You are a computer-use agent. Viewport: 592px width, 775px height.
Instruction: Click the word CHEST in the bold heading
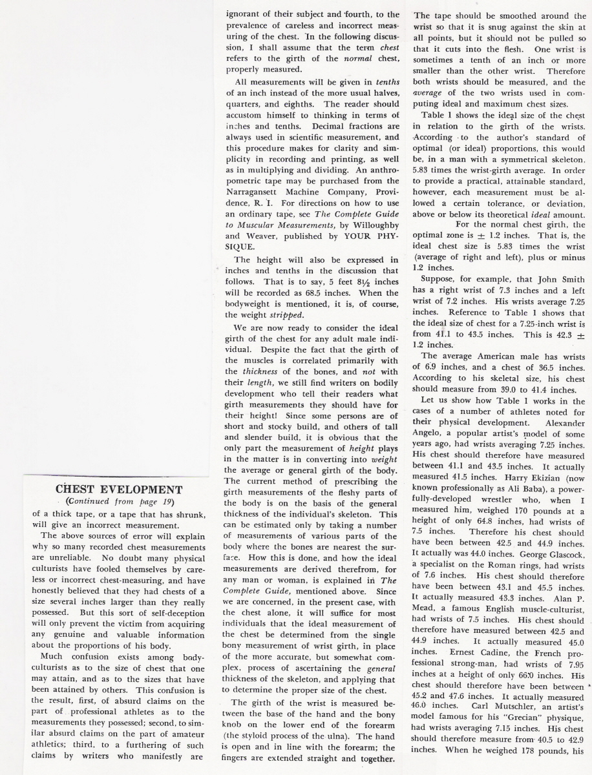(x=77, y=489)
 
